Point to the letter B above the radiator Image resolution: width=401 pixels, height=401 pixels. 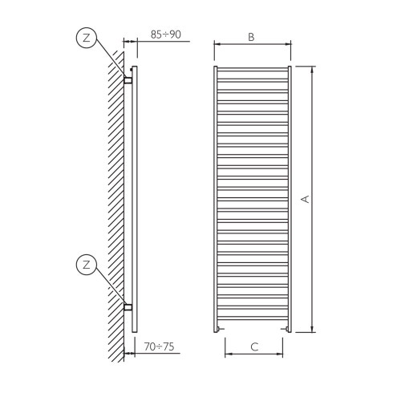(x=251, y=37)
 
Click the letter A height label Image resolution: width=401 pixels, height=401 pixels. (x=305, y=198)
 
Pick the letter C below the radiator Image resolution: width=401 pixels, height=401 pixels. (x=253, y=347)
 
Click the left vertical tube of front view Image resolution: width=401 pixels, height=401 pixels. (x=215, y=198)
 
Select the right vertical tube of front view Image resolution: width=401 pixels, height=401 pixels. (x=290, y=198)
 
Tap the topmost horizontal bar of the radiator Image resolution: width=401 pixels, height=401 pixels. (x=252, y=70)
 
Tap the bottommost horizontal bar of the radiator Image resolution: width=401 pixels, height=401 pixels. (x=252, y=321)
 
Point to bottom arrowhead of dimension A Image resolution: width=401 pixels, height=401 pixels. (x=312, y=328)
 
